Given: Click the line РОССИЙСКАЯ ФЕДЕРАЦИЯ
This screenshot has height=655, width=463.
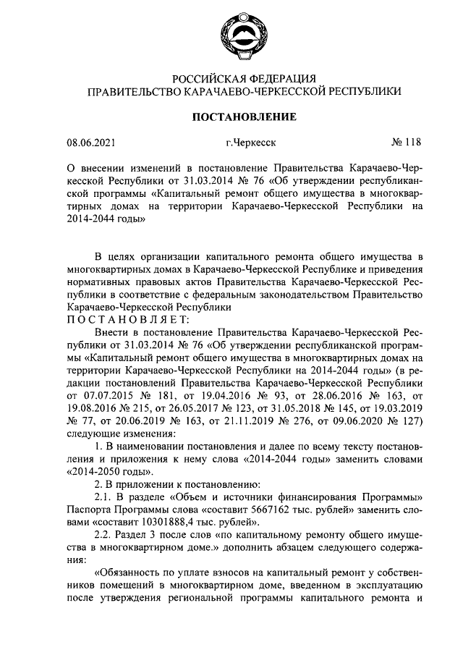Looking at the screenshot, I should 243,78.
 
